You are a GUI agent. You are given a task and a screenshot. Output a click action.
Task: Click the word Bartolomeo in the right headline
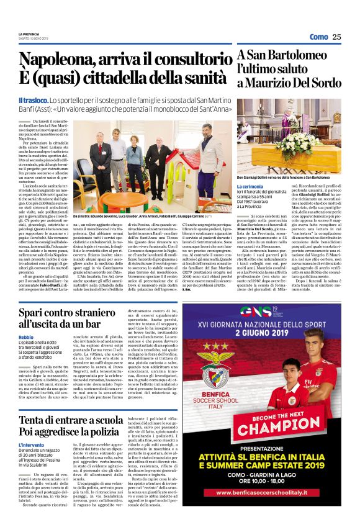297,57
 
